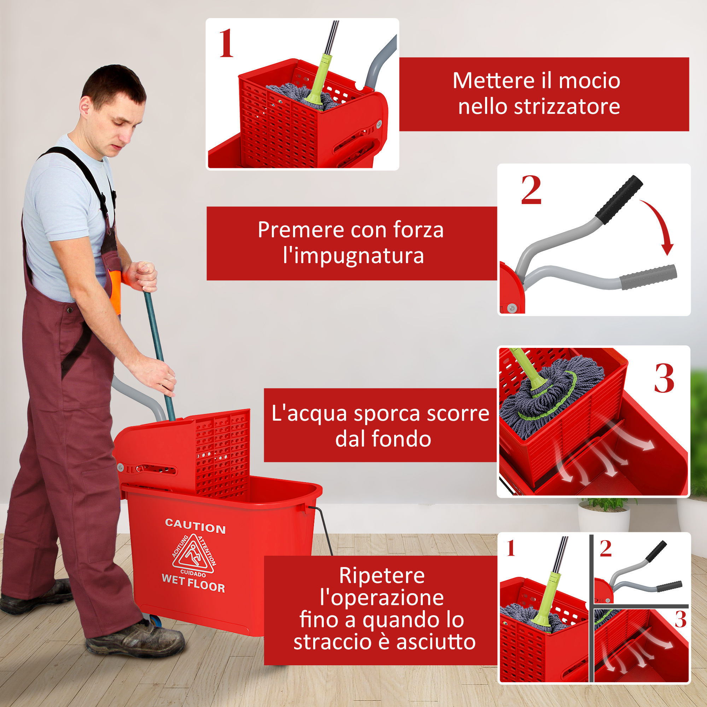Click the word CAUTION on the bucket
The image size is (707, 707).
(195, 526)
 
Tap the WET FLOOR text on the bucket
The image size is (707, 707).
(193, 583)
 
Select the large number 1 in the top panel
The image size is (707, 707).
(226, 43)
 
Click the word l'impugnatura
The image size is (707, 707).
(353, 256)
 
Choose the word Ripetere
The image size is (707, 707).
(382, 575)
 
